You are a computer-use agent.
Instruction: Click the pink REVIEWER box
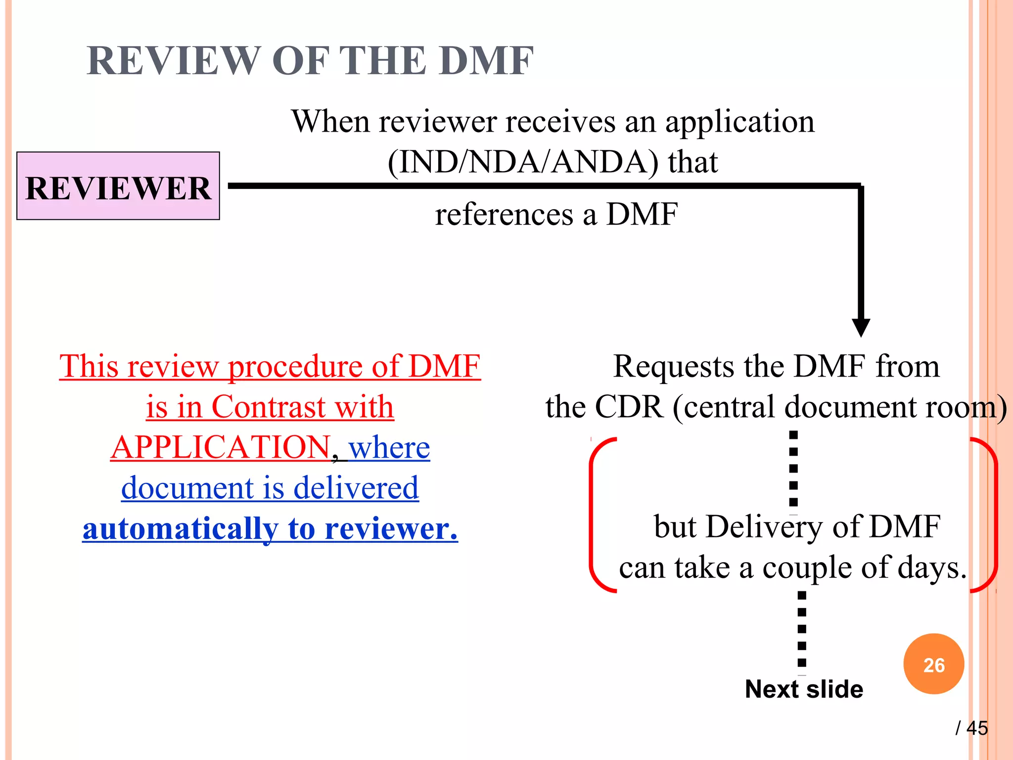(x=118, y=186)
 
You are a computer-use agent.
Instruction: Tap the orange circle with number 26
(x=933, y=664)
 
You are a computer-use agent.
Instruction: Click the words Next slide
(x=804, y=689)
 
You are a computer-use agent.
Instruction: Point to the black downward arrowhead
(x=861, y=328)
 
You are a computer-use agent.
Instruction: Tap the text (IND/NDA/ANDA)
(x=523, y=162)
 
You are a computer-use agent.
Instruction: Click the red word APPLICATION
(x=221, y=447)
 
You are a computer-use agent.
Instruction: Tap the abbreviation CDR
(x=629, y=407)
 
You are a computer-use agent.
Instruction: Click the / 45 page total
(x=971, y=728)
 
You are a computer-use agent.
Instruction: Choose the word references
(x=504, y=215)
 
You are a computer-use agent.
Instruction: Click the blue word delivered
(x=356, y=488)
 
